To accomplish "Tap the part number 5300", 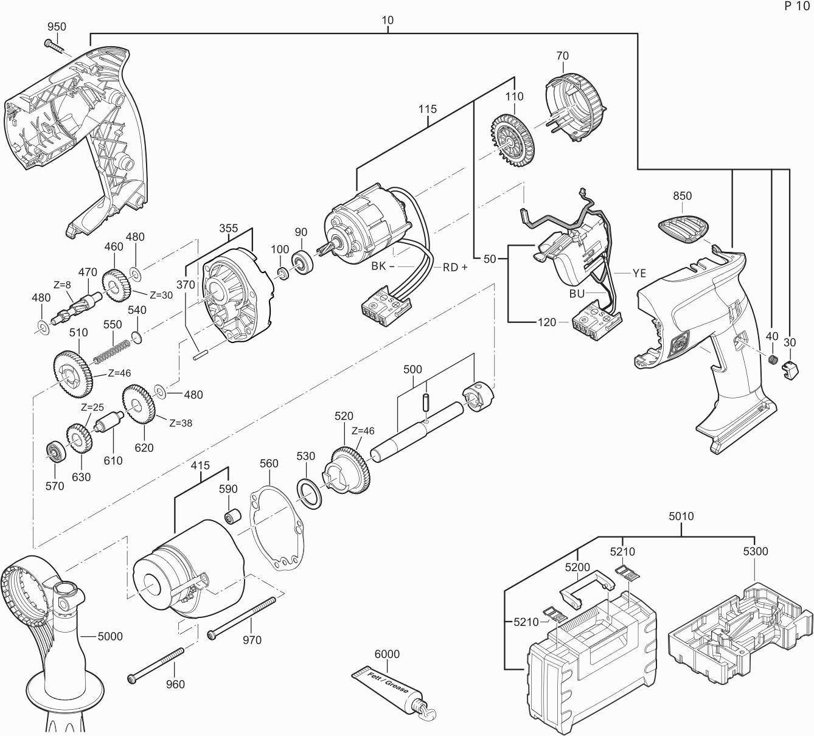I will point(755,552).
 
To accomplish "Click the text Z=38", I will point(181,423).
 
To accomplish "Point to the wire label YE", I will point(639,274).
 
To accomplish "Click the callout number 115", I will point(427,109).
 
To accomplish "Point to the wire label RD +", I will point(455,267).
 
